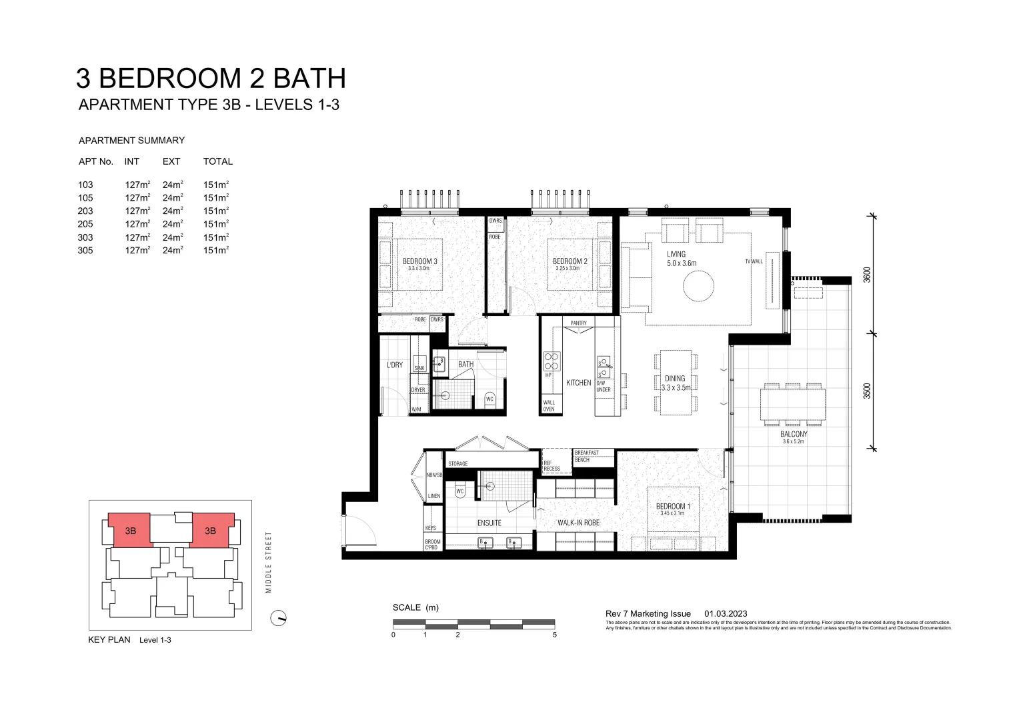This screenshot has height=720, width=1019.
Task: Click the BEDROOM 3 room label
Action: pos(419,261)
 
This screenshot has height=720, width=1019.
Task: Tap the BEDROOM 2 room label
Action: pos(570,261)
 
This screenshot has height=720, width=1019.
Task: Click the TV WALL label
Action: pos(754,261)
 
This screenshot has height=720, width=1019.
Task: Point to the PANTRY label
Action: pos(578,323)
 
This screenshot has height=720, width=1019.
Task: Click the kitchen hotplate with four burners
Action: pos(552,361)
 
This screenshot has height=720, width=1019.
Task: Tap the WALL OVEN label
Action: pos(549,405)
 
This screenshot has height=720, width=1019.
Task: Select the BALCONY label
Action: pos(793,434)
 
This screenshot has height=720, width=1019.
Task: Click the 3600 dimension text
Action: pos(867,275)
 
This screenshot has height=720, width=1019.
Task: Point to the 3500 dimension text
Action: pos(867,391)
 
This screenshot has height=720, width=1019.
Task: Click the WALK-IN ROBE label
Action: pos(578,523)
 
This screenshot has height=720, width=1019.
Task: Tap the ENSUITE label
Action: pos(489,523)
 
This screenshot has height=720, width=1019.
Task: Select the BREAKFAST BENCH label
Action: pos(586,456)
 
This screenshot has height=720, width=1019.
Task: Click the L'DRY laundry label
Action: pos(395,365)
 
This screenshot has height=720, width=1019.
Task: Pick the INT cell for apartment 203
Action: pos(137,211)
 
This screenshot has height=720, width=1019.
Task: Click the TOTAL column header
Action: pos(217,161)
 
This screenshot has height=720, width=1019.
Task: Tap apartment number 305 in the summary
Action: pos(85,251)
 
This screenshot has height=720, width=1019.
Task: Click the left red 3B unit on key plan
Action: pos(130,530)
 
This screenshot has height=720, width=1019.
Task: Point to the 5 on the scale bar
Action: pos(554,635)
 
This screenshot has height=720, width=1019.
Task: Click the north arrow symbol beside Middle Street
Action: pos(278,618)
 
